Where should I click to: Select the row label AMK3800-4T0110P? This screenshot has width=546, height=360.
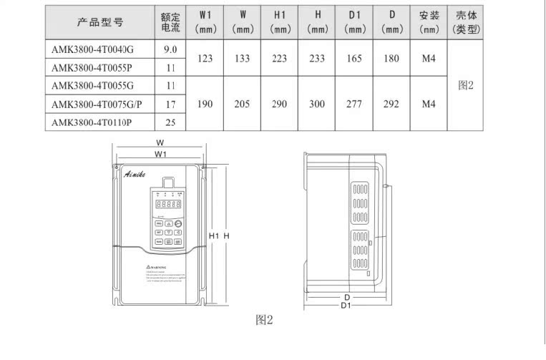(x=95, y=122)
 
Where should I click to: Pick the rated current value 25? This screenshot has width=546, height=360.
(x=170, y=122)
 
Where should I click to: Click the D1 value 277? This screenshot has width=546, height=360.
(x=354, y=104)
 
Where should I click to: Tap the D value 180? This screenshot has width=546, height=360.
(x=391, y=58)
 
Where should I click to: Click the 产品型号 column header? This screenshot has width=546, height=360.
(x=100, y=21)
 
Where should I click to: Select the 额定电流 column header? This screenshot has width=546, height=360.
(x=170, y=21)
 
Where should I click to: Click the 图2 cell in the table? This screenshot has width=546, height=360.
(x=467, y=85)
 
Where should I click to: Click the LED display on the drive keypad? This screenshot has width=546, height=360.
(x=167, y=204)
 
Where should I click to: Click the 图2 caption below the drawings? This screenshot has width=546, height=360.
(x=265, y=320)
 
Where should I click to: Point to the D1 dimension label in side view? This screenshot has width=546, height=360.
(x=345, y=306)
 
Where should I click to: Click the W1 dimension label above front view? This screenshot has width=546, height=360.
(x=160, y=153)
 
